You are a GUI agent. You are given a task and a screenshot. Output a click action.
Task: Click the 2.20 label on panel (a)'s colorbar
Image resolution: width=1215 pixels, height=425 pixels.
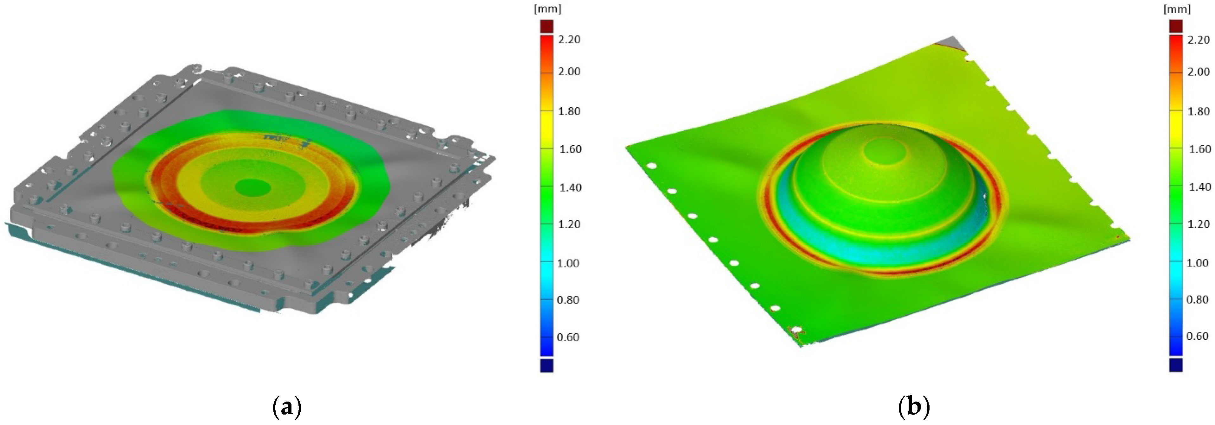[569, 40]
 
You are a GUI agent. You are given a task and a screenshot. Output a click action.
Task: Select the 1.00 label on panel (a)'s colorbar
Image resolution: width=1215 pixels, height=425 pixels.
[568, 263]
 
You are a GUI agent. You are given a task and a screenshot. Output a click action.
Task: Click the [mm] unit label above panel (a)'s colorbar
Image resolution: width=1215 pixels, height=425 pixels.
[547, 9]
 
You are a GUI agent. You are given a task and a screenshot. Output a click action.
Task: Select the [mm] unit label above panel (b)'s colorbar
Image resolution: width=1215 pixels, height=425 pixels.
[1177, 9]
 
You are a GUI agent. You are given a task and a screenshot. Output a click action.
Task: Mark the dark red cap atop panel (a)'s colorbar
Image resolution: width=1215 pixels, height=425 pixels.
[547, 26]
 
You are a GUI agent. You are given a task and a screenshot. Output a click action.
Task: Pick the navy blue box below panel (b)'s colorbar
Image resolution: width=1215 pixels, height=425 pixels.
[1176, 365]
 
